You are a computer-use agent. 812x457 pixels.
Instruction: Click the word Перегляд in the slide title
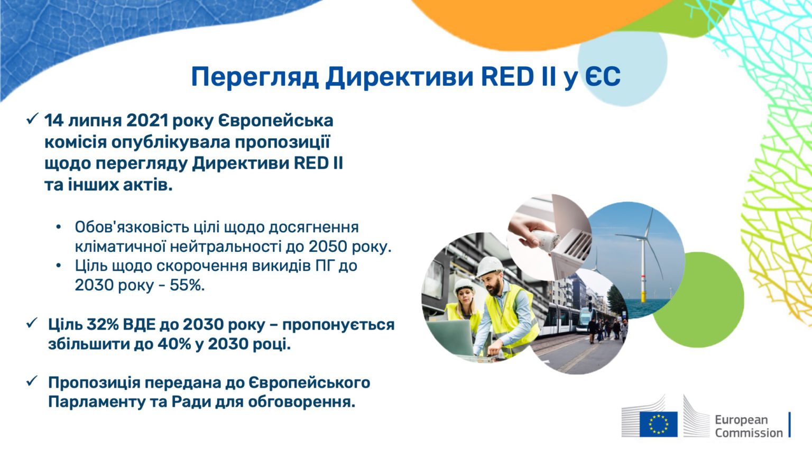click(254, 77)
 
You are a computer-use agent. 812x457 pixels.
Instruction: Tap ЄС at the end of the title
click(602, 77)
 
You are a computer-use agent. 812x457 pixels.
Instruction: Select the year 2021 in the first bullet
click(147, 121)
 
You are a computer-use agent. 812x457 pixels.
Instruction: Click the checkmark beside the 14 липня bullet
click(32, 119)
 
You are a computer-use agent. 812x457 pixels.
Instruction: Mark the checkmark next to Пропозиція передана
click(32, 381)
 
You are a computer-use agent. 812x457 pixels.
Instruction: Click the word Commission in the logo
click(749, 433)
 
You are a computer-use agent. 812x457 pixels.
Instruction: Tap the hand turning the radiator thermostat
click(529, 233)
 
